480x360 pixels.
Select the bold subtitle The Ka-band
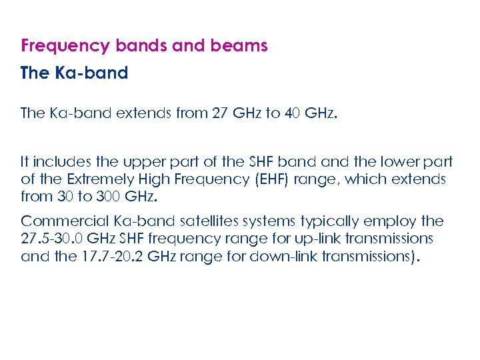coord(74,73)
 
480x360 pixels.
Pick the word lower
coord(405,162)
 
